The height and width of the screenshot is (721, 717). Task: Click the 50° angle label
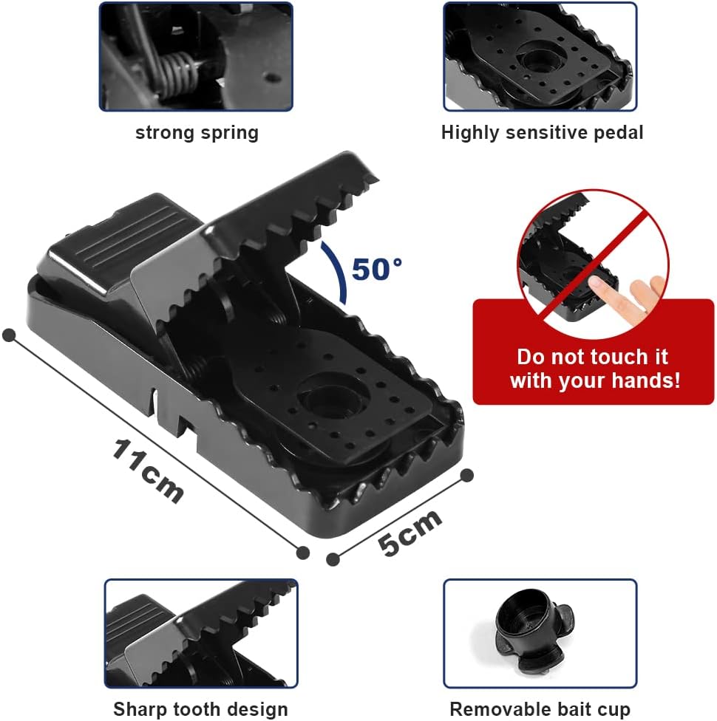[x=377, y=270]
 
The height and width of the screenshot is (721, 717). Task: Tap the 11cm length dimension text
[x=148, y=471]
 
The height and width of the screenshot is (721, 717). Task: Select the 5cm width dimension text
[x=410, y=533]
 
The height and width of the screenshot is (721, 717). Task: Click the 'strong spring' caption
[x=197, y=133]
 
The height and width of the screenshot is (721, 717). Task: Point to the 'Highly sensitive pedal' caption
[x=542, y=133]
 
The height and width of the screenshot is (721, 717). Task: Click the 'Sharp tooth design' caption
[x=200, y=709]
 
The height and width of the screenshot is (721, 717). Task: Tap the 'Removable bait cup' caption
[x=540, y=709]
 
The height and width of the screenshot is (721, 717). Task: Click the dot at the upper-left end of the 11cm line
[x=9, y=335]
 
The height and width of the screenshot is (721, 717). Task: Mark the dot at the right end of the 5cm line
[x=466, y=476]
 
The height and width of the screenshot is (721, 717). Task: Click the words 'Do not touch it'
[x=592, y=357]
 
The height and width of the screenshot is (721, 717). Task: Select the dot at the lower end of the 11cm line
[x=302, y=553]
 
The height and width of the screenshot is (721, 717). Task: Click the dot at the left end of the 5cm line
[x=333, y=559]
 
